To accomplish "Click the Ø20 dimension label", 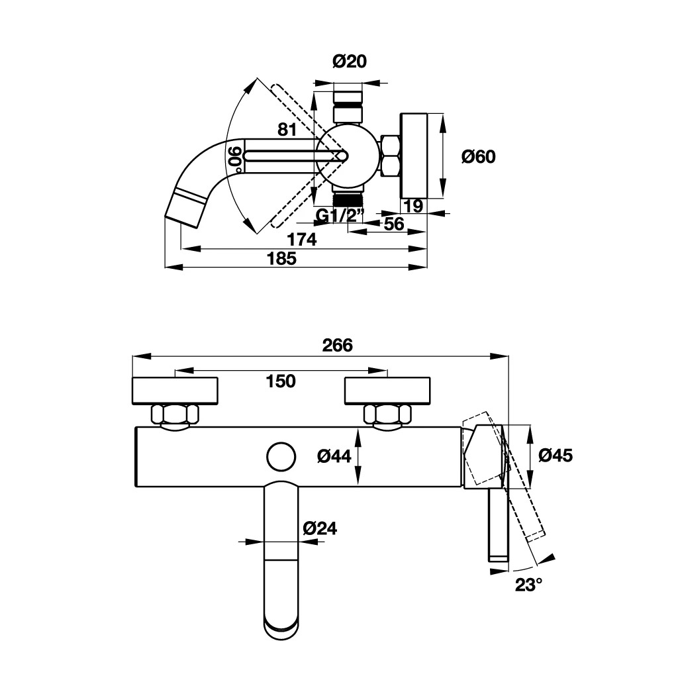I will (349, 62).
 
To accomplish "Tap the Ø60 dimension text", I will (478, 157).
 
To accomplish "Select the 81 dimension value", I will (287, 130).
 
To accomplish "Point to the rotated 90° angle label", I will (234, 158).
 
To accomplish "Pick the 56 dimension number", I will (394, 224).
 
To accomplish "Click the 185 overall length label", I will (281, 258).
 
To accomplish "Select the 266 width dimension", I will (338, 345).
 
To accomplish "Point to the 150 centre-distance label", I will (280, 381).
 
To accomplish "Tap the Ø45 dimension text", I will (555, 456).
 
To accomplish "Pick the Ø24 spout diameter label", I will (320, 528).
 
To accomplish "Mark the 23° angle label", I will (529, 585).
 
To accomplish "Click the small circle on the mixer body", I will (281, 457).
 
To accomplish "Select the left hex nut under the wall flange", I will (175, 415).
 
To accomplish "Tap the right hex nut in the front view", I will (387, 415).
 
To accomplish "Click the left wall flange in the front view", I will (175, 390).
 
